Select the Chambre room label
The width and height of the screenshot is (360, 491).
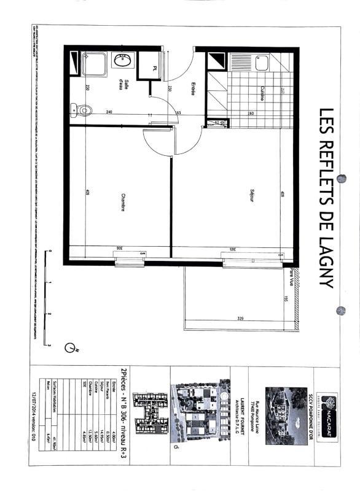[123, 203]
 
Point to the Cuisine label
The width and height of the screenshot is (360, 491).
[261, 95]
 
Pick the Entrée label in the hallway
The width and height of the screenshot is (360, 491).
[192, 88]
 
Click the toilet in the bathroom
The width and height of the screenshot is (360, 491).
[83, 110]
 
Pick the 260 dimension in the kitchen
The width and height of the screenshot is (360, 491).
[251, 113]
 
